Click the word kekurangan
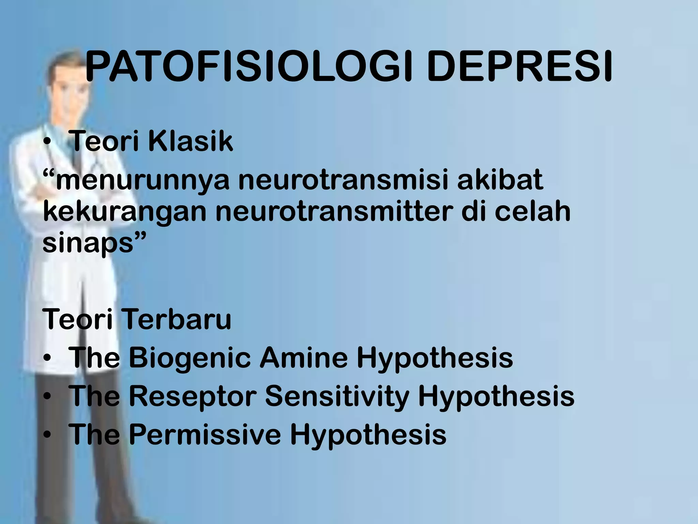click(125, 212)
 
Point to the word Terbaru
click(176, 320)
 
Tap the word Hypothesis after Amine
click(434, 358)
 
